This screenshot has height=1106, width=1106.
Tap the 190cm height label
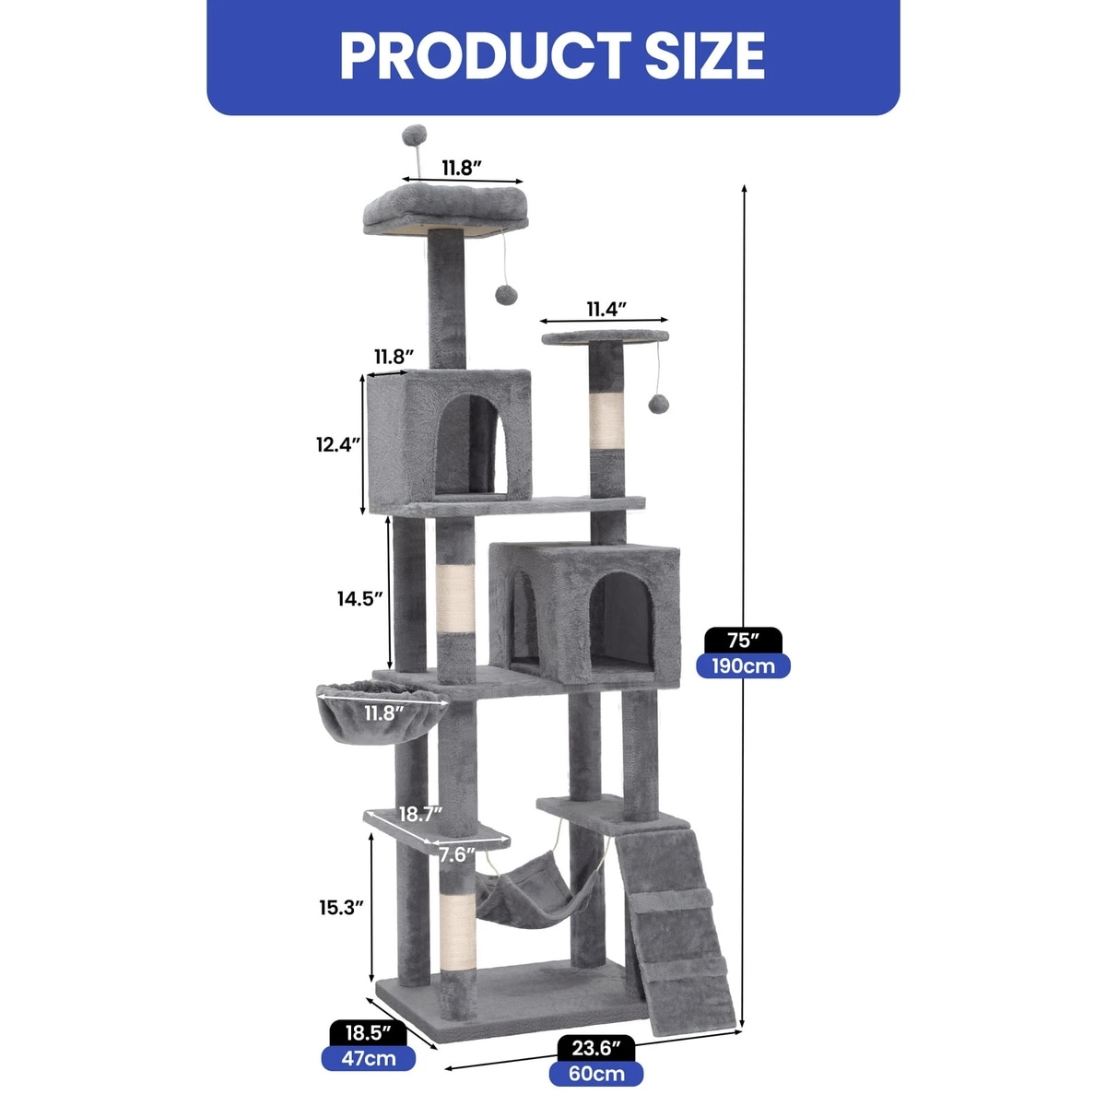pos(743,665)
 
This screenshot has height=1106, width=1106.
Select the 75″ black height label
pos(743,641)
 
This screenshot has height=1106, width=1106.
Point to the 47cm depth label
pos(368,1058)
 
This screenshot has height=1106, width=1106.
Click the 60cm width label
pos(596,1074)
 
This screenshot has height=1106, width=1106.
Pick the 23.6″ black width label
pos(596,1048)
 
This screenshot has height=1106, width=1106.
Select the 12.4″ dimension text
pos(338,444)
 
